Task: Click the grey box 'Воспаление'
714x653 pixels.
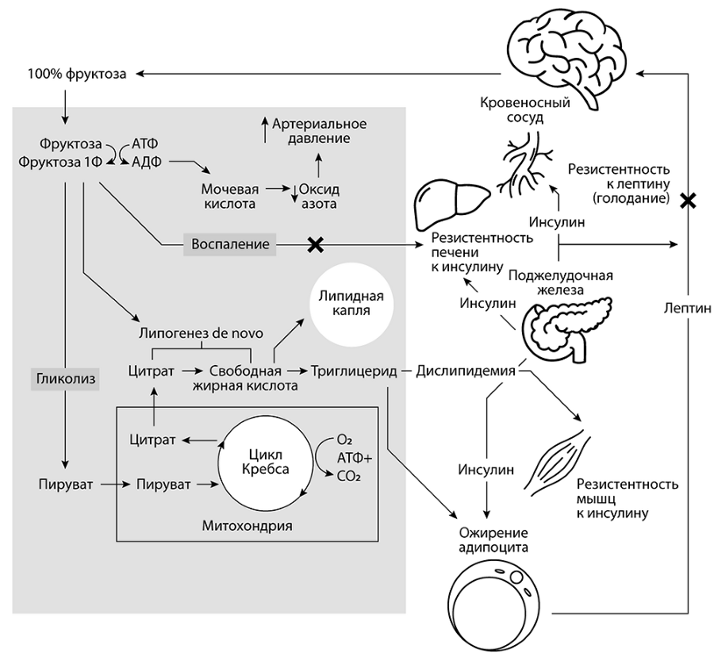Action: [230, 244]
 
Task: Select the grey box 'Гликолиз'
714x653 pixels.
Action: [65, 379]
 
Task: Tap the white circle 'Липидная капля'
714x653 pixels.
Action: [351, 304]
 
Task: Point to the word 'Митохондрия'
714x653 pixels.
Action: [247, 525]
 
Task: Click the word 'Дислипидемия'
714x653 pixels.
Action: [466, 371]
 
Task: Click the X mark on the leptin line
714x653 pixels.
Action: [688, 200]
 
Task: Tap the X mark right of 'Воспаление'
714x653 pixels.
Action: [315, 244]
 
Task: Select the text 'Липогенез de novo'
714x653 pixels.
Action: [201, 333]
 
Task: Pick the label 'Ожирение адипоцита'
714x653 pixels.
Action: [494, 540]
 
